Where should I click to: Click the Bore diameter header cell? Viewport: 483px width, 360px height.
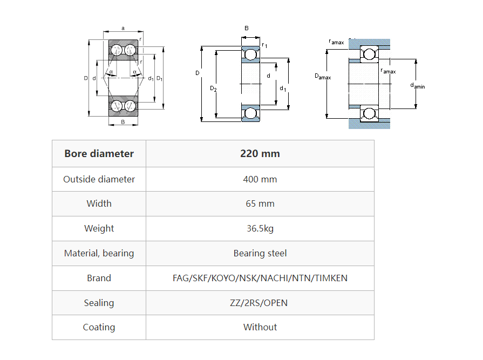pyautogui.click(x=99, y=154)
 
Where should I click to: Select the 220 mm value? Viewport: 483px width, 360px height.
pyautogui.click(x=260, y=154)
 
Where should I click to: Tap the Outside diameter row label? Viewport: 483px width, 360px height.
pyautogui.click(x=99, y=179)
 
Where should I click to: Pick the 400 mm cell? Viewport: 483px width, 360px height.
pyautogui.click(x=260, y=179)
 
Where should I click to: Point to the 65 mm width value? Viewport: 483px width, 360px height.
pyautogui.click(x=260, y=203)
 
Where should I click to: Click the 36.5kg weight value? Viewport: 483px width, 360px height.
pyautogui.click(x=260, y=228)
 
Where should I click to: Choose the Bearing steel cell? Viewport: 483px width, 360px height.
pyautogui.click(x=260, y=253)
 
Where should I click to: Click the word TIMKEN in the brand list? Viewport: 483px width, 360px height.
pyautogui.click(x=331, y=278)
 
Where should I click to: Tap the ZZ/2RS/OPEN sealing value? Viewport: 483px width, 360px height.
pyautogui.click(x=260, y=303)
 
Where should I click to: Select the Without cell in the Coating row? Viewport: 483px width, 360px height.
pyautogui.click(x=260, y=327)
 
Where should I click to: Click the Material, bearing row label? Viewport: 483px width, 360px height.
pyautogui.click(x=99, y=253)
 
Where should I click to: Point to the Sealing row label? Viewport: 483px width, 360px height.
pyautogui.click(x=99, y=303)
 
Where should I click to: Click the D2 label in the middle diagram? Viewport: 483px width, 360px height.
pyautogui.click(x=213, y=89)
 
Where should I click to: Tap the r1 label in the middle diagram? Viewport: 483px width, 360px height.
pyautogui.click(x=264, y=45)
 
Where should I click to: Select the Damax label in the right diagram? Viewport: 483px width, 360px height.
pyautogui.click(x=323, y=77)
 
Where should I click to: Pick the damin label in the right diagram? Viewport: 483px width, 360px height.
pyautogui.click(x=417, y=85)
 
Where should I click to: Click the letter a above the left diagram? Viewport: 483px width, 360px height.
pyautogui.click(x=123, y=28)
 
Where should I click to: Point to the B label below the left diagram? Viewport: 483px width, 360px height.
pyautogui.click(x=123, y=122)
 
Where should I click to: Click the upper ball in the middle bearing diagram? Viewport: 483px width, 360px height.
pyautogui.click(x=250, y=54)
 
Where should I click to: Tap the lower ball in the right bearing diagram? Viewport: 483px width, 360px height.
pyautogui.click(x=369, y=113)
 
